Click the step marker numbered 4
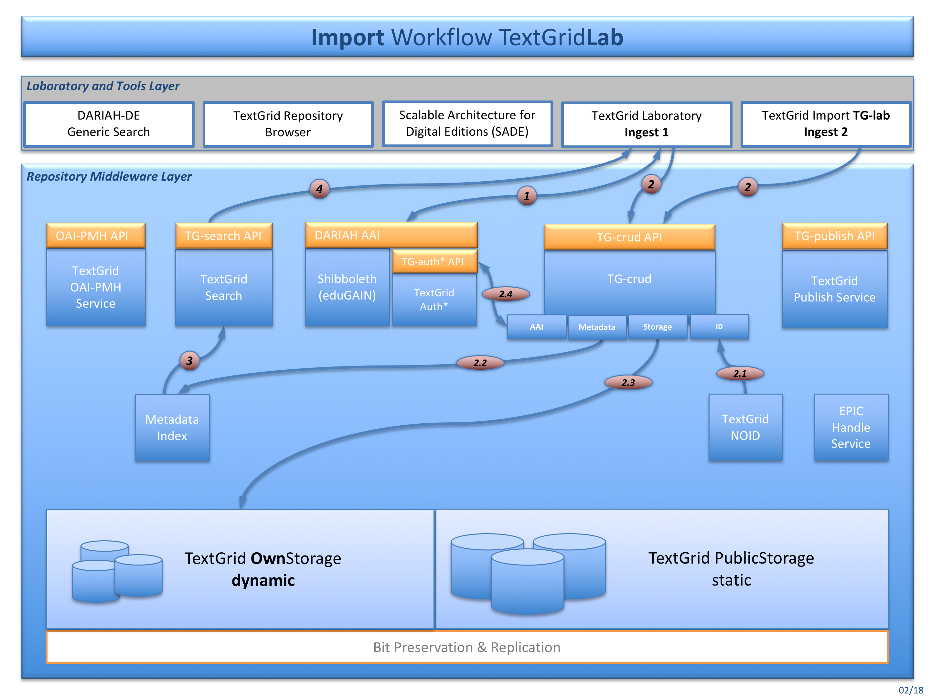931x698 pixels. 319,189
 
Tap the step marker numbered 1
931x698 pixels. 527,196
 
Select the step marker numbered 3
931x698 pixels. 189,361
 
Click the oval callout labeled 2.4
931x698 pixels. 506,294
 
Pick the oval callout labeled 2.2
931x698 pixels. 480,363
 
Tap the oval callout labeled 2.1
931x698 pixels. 740,373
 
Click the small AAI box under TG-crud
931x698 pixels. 536,326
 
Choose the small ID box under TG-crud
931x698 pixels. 719,326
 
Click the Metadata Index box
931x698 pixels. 172,427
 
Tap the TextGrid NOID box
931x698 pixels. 745,427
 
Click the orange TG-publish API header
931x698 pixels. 834,236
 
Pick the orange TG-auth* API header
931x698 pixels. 434,262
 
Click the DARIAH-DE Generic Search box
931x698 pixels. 109,124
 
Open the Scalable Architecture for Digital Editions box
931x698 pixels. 467,123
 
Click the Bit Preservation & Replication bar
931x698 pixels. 466,647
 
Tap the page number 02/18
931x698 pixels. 910,690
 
